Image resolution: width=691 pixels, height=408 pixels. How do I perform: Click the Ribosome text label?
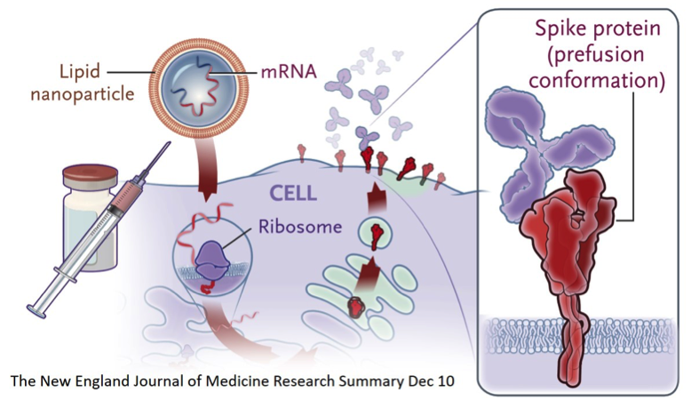300,227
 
